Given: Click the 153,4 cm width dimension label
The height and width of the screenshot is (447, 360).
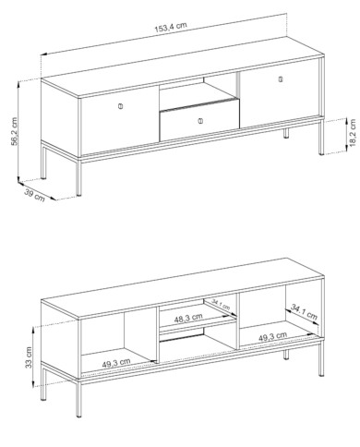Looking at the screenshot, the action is pyautogui.click(x=171, y=27).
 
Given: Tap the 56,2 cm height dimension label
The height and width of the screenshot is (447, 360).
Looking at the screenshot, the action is pyautogui.click(x=14, y=131).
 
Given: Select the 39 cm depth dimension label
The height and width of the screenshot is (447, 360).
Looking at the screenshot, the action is pyautogui.click(x=34, y=196).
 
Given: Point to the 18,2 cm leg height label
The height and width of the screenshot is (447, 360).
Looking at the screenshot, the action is pyautogui.click(x=353, y=133).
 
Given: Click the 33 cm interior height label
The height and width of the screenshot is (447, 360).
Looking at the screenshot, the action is pyautogui.click(x=29, y=357).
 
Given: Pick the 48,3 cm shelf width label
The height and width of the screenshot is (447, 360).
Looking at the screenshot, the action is pyautogui.click(x=188, y=318).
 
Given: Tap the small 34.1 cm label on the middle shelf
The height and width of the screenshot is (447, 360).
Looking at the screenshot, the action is pyautogui.click(x=221, y=305).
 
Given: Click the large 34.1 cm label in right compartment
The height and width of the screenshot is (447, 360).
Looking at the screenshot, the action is pyautogui.click(x=304, y=311).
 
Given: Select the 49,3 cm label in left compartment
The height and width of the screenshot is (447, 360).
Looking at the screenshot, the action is pyautogui.click(x=116, y=363).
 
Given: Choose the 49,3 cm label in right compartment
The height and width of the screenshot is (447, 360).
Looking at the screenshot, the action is pyautogui.click(x=272, y=336).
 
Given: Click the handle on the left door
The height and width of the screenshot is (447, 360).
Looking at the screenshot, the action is pyautogui.click(x=120, y=106).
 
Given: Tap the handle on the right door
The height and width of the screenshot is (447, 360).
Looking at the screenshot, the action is pyautogui.click(x=281, y=79).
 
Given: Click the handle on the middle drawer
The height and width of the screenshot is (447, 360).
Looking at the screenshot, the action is pyautogui.click(x=200, y=121).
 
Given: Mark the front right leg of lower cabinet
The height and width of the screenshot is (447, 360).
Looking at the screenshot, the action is pyautogui.click(x=321, y=356).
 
